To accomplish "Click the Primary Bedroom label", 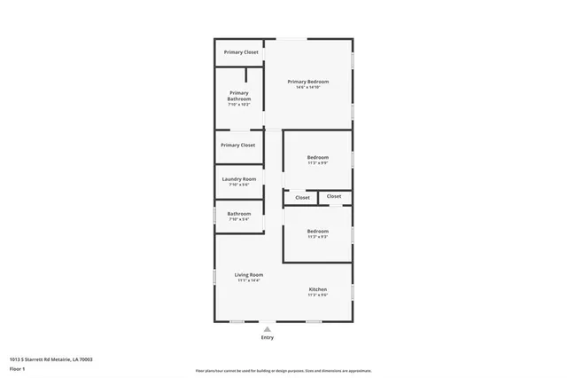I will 308,82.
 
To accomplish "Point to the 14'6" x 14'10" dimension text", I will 308,88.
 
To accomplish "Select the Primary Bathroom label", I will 238,96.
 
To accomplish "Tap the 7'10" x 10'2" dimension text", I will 238,105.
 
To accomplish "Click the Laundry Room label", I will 238,179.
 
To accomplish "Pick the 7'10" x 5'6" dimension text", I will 238,185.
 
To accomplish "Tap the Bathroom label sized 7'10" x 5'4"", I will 238,213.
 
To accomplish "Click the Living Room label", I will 249,274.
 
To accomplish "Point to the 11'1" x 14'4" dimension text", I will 249,281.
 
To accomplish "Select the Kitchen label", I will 318,289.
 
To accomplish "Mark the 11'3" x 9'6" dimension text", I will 318,296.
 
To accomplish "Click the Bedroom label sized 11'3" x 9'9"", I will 318,157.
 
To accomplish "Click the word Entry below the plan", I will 267,338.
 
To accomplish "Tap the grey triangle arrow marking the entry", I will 267,329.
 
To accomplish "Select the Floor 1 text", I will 17,367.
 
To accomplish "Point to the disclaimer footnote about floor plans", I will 283,371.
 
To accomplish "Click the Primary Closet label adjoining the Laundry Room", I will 237,145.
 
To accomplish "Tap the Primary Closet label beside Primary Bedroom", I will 240,52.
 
